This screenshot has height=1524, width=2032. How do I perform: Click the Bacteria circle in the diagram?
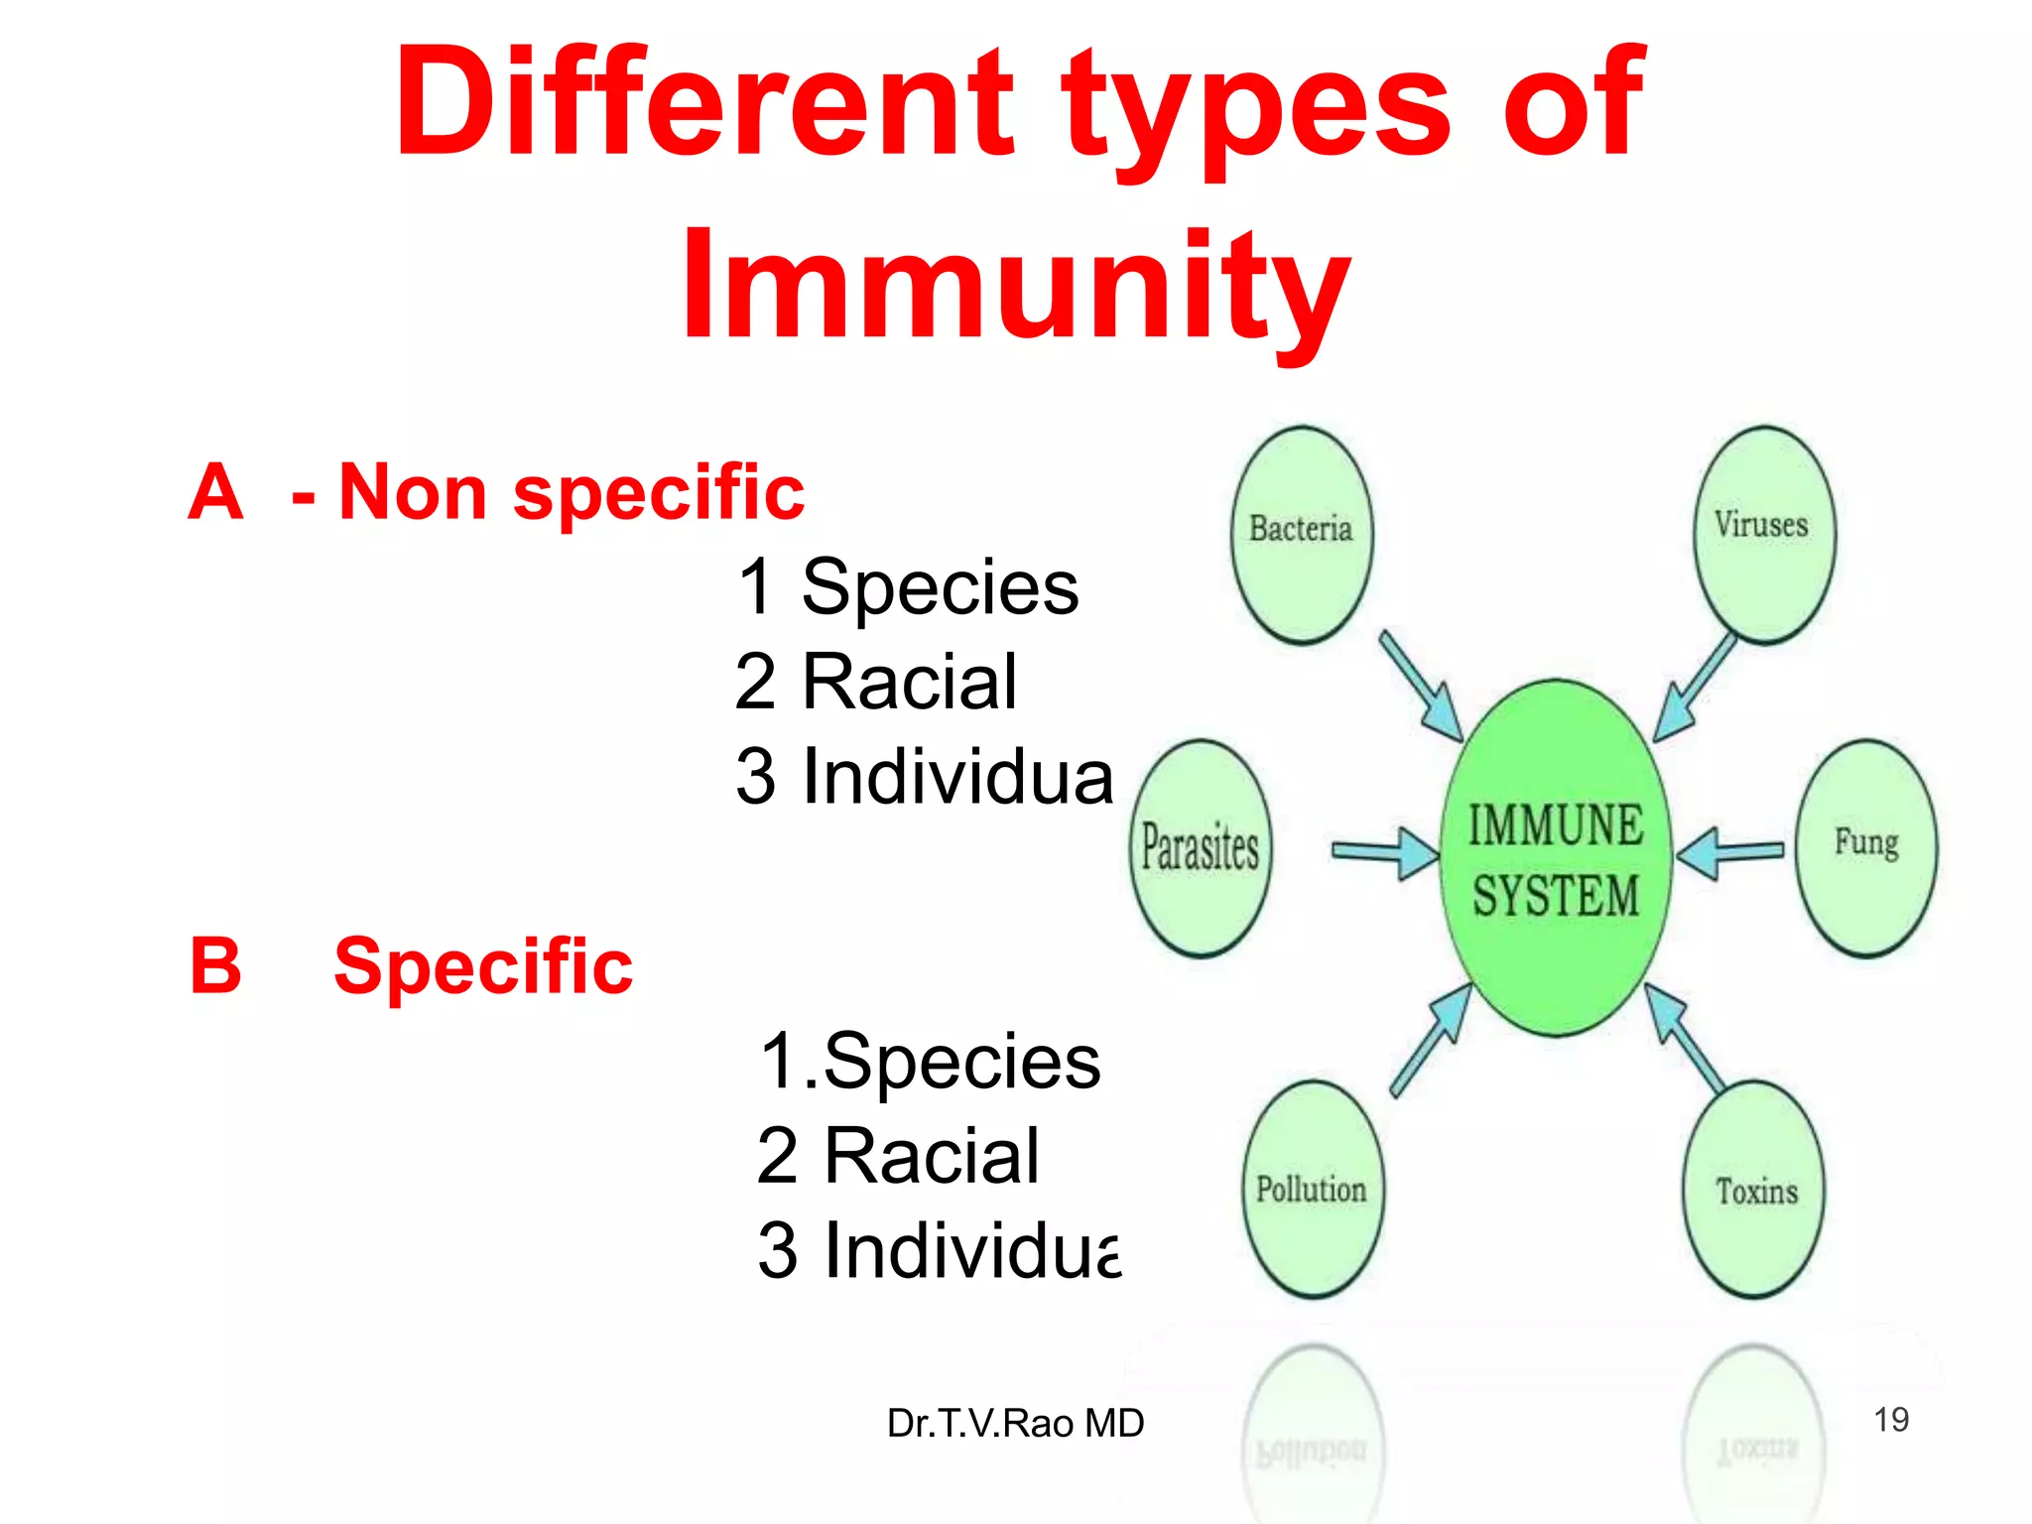click(x=1302, y=535)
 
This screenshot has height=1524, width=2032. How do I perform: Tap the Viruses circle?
click(x=1763, y=535)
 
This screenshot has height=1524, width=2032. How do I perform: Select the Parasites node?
click(x=1201, y=848)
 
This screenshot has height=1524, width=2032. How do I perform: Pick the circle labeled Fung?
click(x=1865, y=848)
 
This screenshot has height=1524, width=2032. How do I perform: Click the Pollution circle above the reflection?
click(x=1313, y=1189)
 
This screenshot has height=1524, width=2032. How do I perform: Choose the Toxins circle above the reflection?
click(x=1755, y=1189)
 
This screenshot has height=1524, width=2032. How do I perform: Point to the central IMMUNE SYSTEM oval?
click(x=1555, y=859)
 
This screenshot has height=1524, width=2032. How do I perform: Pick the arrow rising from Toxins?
click(x=1684, y=1038)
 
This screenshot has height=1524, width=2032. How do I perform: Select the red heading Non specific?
click(x=571, y=492)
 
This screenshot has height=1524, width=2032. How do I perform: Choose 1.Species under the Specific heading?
click(x=929, y=1061)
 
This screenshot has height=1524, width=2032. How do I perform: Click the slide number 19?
click(x=1890, y=1420)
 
